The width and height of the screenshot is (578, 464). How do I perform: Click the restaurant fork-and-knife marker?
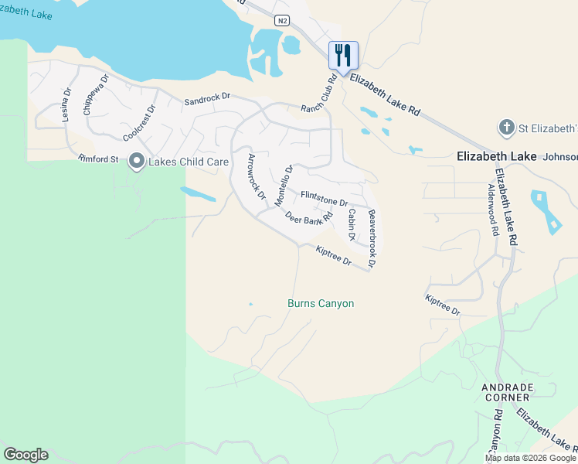(x=343, y=56)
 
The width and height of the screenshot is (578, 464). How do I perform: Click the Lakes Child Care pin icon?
(x=137, y=162)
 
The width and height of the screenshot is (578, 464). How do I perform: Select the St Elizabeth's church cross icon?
(x=505, y=127)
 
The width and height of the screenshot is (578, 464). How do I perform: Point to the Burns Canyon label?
(x=321, y=303)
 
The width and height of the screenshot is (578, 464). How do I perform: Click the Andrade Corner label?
(x=505, y=392)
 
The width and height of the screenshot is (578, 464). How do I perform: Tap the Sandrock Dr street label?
(x=207, y=101)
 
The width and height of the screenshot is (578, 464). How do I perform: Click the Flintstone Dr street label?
(x=325, y=198)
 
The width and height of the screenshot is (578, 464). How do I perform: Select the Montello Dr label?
(x=284, y=186)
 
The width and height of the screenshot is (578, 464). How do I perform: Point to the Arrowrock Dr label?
(x=256, y=176)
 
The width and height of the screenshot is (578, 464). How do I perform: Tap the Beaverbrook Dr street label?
(x=372, y=239)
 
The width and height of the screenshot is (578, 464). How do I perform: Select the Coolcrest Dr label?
(x=139, y=123)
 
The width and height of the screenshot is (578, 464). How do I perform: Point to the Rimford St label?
(x=98, y=159)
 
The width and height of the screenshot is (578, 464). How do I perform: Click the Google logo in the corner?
(x=25, y=455)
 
